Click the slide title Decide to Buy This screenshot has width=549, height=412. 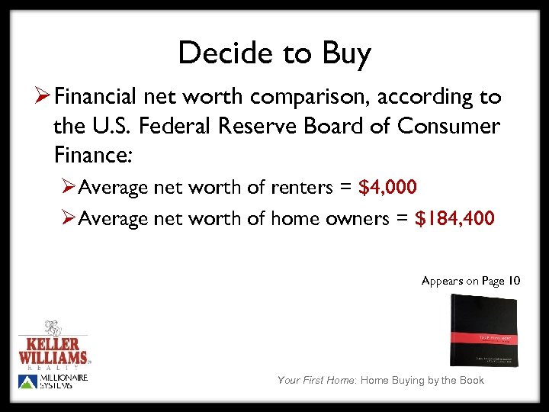pos(274,53)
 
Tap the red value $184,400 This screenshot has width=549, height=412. pos(454,219)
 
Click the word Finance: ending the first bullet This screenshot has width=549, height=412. pos(93,155)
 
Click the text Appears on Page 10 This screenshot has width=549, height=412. pos(470,281)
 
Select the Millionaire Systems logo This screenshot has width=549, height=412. pos(53,382)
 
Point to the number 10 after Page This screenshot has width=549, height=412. pos(514,281)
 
